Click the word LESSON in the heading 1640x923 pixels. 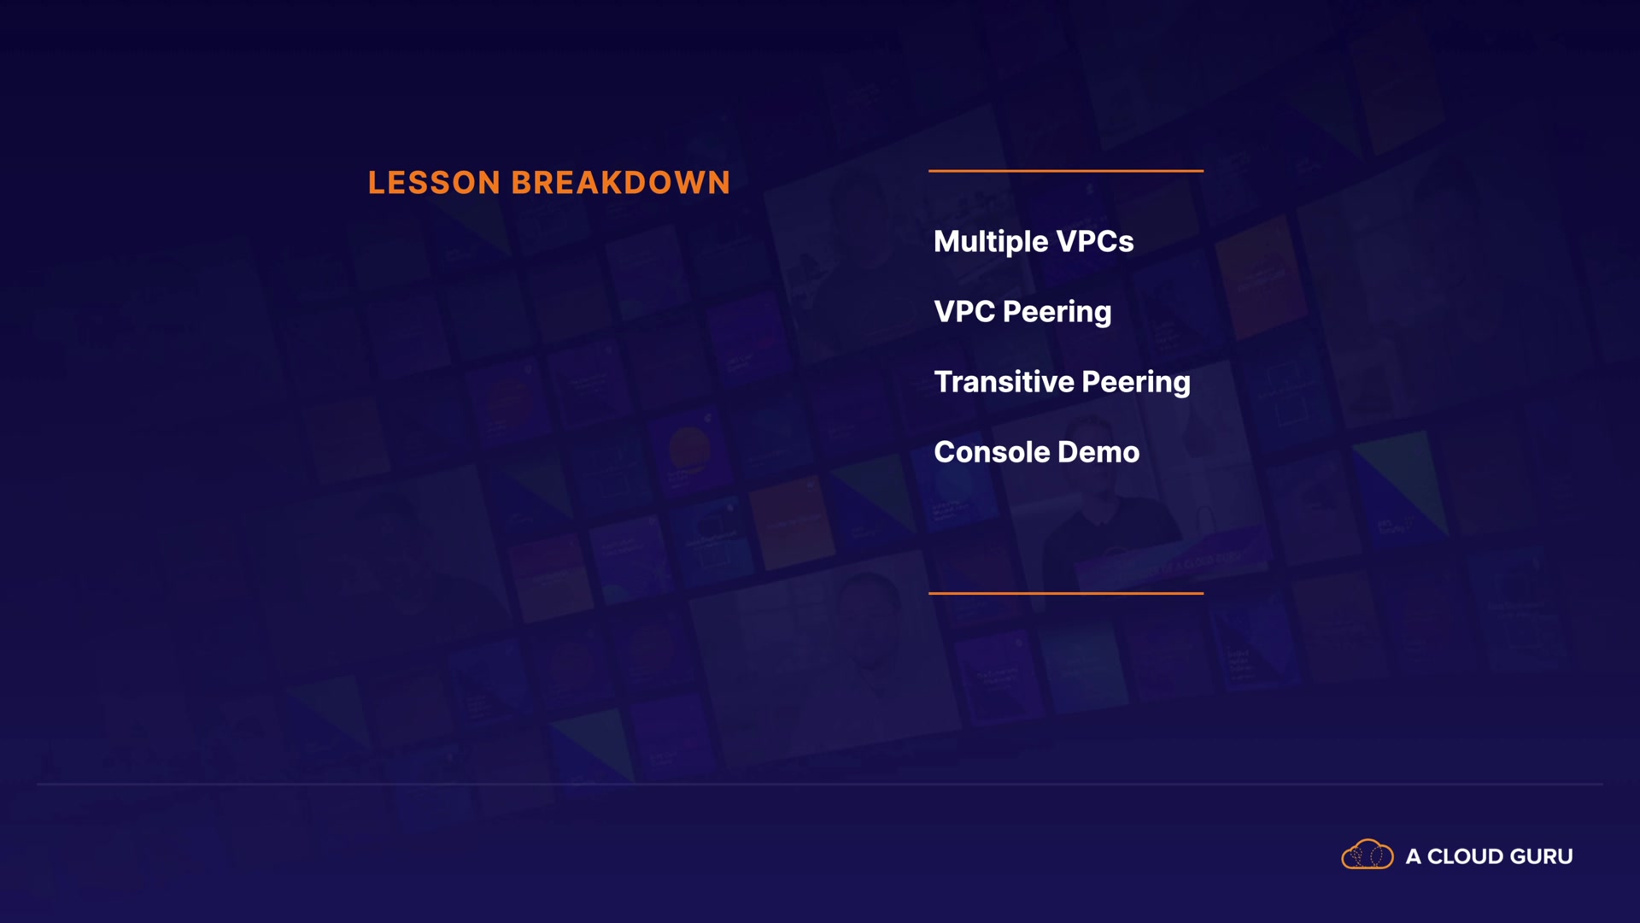pos(434,183)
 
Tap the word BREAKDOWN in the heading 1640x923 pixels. pos(621,183)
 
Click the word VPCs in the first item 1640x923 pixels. pos(1095,242)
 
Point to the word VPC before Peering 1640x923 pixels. pos(964,312)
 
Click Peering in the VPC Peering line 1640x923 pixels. pos(1057,313)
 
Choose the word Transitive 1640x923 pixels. pos(1004,382)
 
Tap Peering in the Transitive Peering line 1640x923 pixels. pos(1136,383)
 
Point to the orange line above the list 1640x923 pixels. pos(1066,171)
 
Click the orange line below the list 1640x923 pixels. pos(1066,593)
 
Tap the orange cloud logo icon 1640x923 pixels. pos(1368,855)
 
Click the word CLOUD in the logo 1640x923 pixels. pos(1465,856)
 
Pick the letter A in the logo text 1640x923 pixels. pos(1414,856)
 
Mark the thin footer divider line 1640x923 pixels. pos(820,784)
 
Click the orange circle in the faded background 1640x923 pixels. pos(689,449)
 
